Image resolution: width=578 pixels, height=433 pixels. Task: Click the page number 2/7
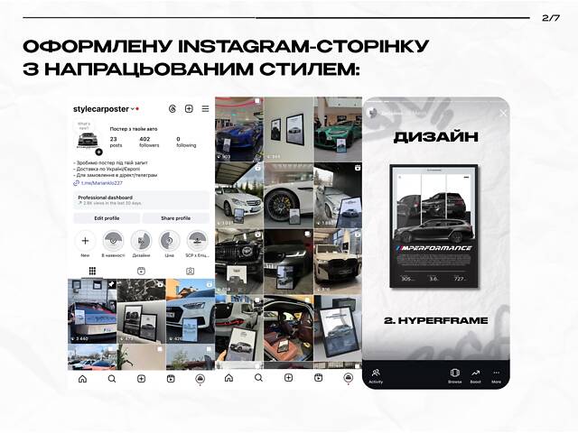[551, 17]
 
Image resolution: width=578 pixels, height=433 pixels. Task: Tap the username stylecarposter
[101, 109]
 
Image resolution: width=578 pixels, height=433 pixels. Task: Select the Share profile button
[175, 218]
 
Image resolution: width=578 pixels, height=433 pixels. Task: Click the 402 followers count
[149, 142]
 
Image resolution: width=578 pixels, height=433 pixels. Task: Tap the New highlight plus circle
[86, 241]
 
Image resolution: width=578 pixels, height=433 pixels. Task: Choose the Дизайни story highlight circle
[141, 241]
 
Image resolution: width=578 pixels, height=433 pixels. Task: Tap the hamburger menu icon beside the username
[205, 109]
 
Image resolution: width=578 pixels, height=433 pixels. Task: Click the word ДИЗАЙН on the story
[436, 138]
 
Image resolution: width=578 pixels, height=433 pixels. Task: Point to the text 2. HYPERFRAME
[436, 320]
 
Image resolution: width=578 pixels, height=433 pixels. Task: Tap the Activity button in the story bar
[377, 374]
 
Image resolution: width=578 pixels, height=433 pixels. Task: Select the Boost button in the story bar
[475, 374]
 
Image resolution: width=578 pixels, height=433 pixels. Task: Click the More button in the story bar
[496, 374]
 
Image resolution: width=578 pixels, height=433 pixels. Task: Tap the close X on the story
[503, 113]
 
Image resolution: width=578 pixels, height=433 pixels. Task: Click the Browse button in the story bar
[455, 374]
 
